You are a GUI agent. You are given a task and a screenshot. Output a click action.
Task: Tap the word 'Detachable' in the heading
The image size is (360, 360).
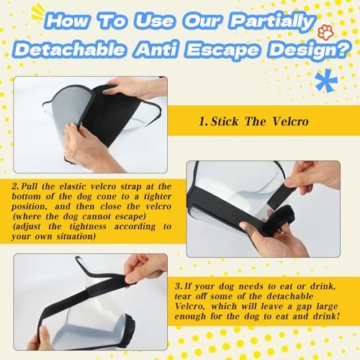click(69, 50)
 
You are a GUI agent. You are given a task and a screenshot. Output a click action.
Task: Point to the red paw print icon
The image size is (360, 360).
click(325, 33)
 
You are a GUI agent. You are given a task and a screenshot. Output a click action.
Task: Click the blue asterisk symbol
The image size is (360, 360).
click(326, 81)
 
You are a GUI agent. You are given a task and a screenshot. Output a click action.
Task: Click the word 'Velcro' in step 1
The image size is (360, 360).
click(290, 121)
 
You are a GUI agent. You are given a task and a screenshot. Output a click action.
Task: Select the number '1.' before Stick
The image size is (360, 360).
click(204, 122)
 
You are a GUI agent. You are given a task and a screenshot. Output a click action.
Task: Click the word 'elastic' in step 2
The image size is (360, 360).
click(73, 186)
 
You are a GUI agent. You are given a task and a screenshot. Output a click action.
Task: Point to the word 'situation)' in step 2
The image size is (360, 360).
click(76, 236)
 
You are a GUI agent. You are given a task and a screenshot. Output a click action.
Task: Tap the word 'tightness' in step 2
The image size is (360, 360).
click(88, 226)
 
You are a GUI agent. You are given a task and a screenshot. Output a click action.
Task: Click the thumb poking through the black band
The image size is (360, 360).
click(246, 227)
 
